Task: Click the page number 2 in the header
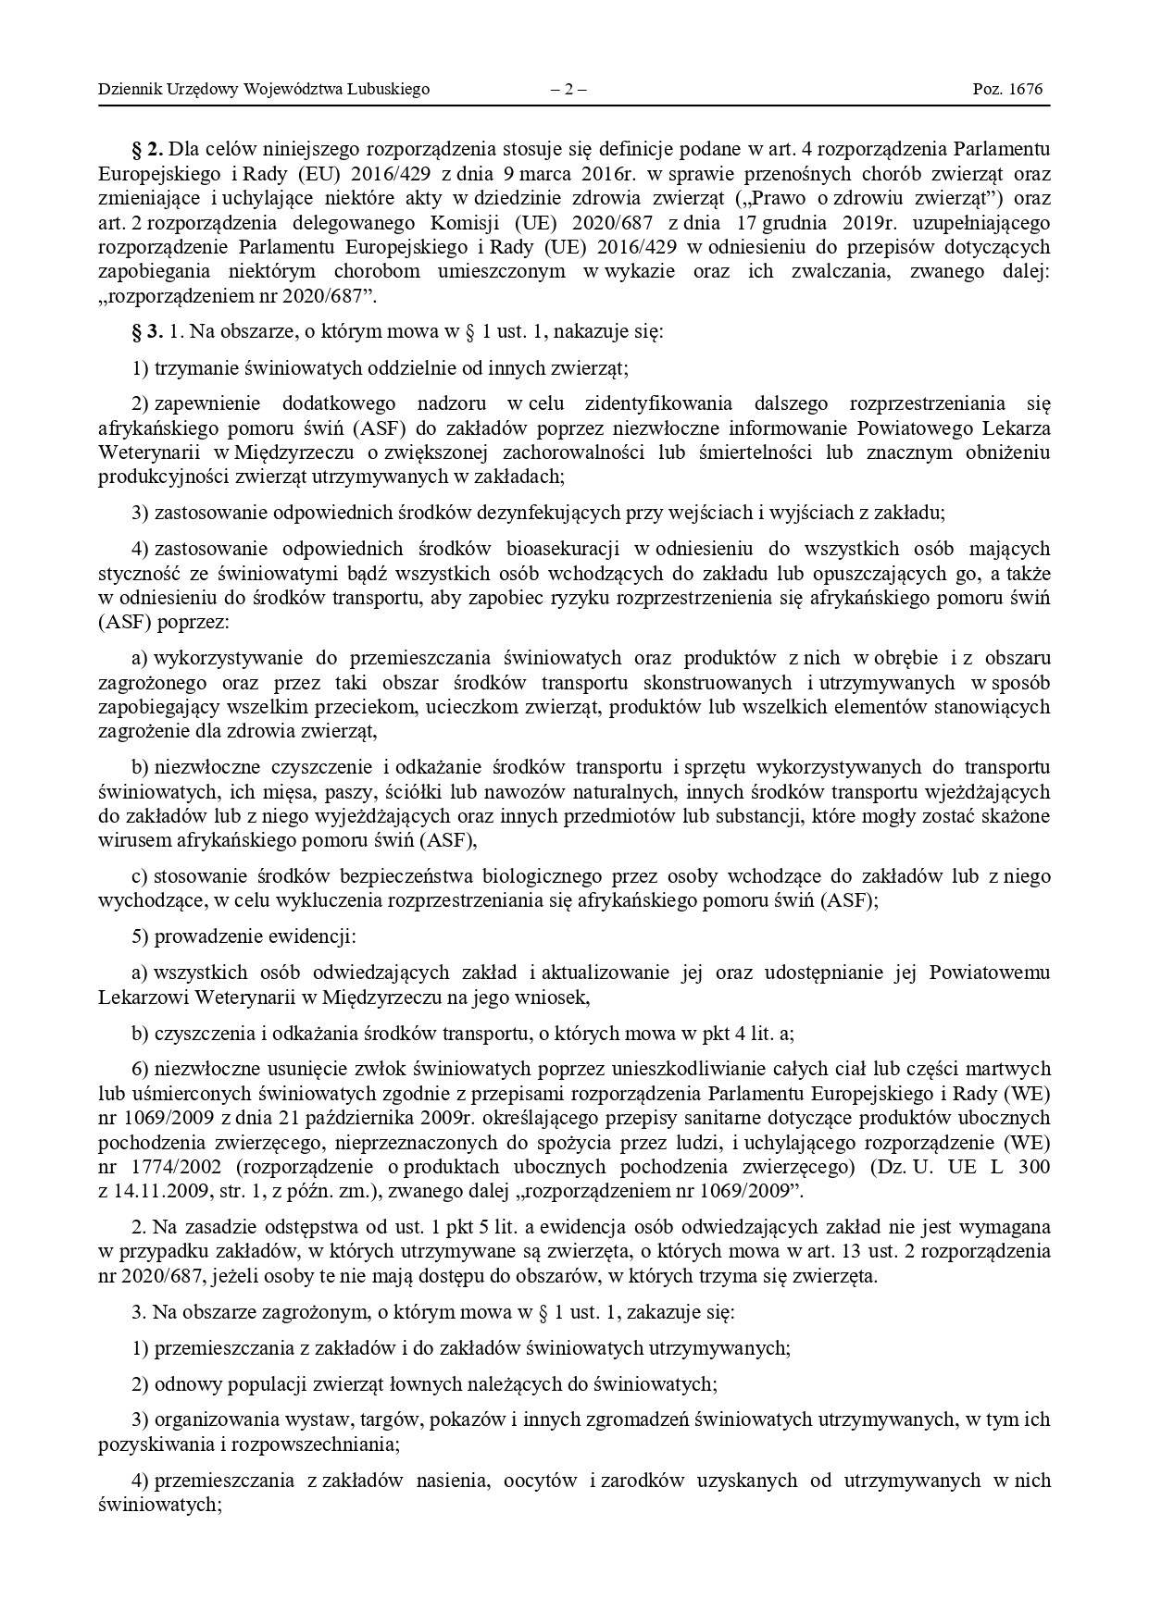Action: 568,90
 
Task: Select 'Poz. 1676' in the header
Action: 1007,90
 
